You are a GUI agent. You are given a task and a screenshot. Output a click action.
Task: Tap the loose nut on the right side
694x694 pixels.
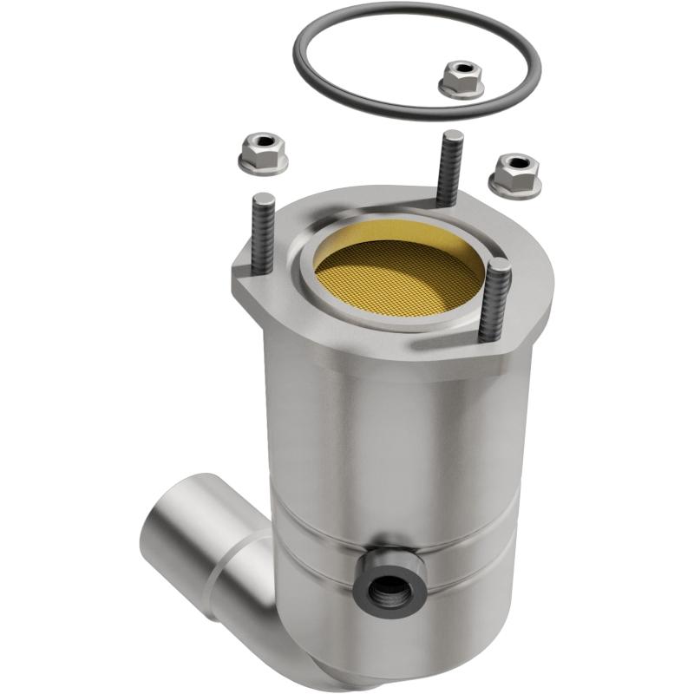514,174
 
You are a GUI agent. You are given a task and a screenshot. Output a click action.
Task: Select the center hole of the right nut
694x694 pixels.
518,164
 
